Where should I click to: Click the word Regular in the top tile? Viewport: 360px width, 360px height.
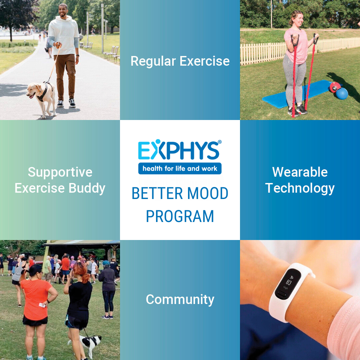[153, 62]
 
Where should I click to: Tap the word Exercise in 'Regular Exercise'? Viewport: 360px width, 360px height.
[205, 61]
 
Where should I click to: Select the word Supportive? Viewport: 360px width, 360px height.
[60, 173]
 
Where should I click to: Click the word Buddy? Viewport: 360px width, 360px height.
[87, 188]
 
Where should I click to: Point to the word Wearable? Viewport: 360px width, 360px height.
[300, 172]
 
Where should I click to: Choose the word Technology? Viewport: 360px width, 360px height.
[300, 188]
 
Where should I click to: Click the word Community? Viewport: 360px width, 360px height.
[180, 300]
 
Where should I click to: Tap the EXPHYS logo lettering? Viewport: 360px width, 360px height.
[178, 150]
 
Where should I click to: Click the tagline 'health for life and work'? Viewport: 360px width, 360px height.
[180, 169]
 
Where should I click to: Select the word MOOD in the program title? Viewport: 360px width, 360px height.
[208, 193]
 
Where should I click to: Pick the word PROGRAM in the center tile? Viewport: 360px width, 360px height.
[180, 216]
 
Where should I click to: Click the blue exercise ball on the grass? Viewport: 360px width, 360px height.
[342, 93]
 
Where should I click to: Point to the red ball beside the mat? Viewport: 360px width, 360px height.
[335, 87]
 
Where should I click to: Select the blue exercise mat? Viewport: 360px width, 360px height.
[296, 94]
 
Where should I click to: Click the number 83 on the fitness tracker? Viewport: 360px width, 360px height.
[289, 282]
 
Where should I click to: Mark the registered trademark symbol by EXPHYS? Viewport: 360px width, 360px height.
[220, 142]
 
